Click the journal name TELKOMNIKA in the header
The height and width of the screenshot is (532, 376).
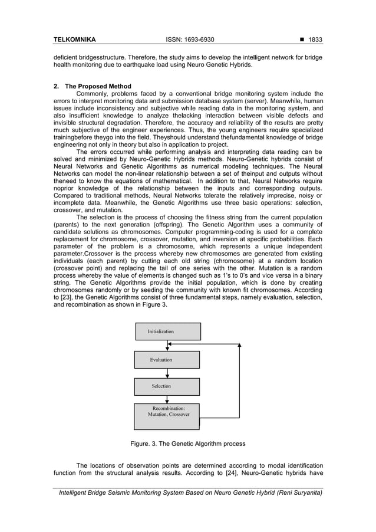click(74, 40)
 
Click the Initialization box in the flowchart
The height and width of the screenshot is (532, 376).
click(168, 331)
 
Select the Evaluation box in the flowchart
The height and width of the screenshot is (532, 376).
click(167, 359)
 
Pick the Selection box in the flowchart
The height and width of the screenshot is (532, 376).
click(167, 386)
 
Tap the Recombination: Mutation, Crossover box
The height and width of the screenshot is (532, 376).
click(167, 412)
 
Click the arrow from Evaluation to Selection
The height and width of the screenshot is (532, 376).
click(168, 373)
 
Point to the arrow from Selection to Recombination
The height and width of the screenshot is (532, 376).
click(168, 399)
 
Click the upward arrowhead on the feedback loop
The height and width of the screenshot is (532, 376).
click(239, 345)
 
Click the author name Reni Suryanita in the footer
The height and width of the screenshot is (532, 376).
click(300, 492)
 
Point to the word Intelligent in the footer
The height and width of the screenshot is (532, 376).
click(74, 492)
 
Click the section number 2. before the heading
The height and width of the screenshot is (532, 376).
click(56, 87)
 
